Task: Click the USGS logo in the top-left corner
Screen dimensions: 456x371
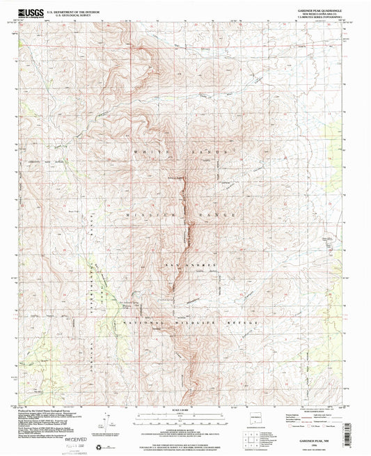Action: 32,13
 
